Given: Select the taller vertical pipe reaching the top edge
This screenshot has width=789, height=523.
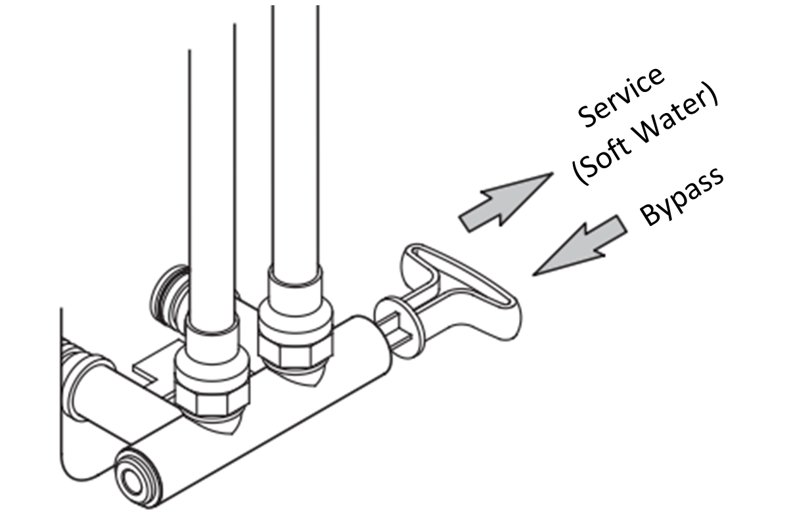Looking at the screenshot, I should [x=295, y=131].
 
